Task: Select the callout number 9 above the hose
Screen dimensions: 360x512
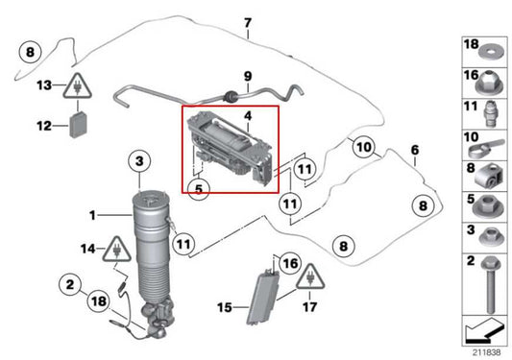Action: click(x=247, y=75)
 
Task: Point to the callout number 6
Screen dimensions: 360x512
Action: click(x=415, y=150)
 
